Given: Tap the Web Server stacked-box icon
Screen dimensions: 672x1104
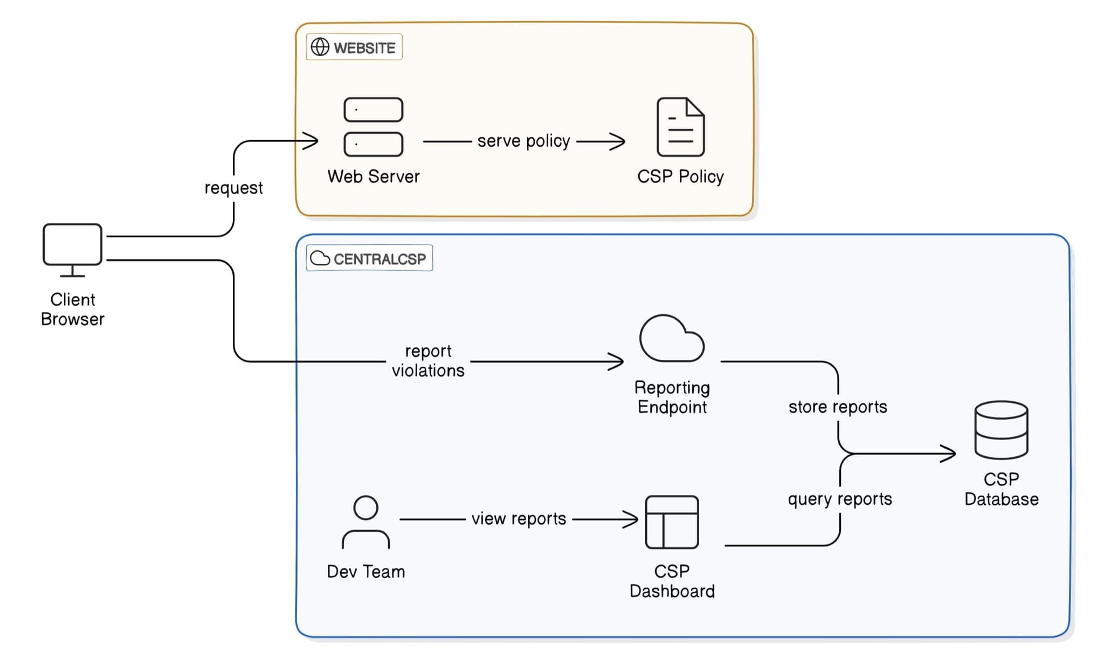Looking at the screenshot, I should coord(373,127).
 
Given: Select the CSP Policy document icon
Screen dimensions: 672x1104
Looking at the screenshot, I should coord(680,127).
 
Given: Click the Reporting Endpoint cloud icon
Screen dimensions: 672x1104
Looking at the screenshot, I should coord(672,339).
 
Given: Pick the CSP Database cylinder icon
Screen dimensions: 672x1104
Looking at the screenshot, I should coord(1001,430).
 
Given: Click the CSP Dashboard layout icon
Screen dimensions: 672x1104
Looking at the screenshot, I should coord(672,522).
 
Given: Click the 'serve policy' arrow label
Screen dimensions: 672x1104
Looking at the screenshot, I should coord(523,141).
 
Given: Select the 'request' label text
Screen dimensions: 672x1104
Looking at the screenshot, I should coord(233,188).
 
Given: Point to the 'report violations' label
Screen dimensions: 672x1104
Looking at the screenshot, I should coord(428,360).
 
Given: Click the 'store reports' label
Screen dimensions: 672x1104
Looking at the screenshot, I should coord(838,407).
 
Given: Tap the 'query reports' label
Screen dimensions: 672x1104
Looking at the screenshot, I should coord(840,499).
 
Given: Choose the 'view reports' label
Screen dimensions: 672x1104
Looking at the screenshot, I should coord(519,519).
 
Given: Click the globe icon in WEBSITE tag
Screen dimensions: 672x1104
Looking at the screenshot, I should coord(320,47).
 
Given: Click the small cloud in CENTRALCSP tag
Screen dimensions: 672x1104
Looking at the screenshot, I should coord(320,258).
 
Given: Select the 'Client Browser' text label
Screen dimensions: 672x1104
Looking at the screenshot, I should coord(72,309).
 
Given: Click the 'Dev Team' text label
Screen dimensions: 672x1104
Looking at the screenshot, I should coord(365,572).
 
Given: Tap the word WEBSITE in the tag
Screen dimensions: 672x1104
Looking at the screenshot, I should coord(364,48).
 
